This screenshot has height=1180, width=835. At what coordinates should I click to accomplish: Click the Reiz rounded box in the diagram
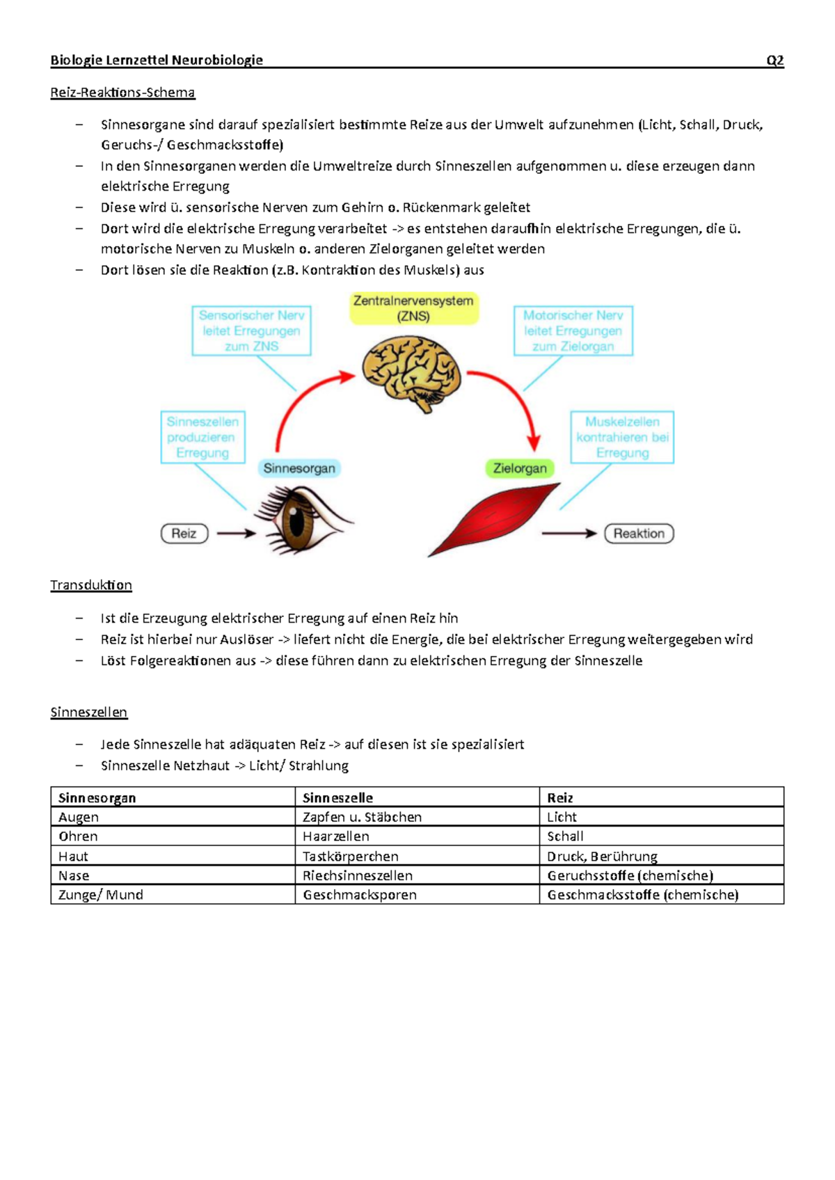tap(184, 534)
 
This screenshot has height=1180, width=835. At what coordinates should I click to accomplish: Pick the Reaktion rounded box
tap(639, 534)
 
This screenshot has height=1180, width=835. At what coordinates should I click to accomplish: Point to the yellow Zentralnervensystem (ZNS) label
tap(413, 308)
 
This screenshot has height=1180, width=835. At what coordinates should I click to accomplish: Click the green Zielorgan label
tap(519, 468)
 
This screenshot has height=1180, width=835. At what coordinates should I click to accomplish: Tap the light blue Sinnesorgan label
tap(299, 468)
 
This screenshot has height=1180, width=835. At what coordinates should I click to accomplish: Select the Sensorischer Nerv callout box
tap(251, 330)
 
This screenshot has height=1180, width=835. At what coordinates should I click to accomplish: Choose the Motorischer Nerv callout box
tap(573, 330)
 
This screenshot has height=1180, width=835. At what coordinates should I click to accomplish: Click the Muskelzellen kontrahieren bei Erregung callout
tap(622, 437)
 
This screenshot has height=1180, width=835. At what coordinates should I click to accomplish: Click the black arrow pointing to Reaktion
tap(568, 534)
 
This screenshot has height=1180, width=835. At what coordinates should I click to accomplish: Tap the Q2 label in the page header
tap(774, 60)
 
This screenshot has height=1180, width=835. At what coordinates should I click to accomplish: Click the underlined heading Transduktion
tap(91, 585)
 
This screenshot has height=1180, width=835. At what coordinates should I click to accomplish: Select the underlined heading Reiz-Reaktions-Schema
tap(122, 93)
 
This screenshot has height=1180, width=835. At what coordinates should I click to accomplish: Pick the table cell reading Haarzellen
tap(336, 836)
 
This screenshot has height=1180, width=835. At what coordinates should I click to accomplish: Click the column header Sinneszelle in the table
tap(337, 797)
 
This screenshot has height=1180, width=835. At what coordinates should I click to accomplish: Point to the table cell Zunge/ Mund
tap(101, 895)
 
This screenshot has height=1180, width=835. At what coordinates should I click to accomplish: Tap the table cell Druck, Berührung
tap(602, 856)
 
